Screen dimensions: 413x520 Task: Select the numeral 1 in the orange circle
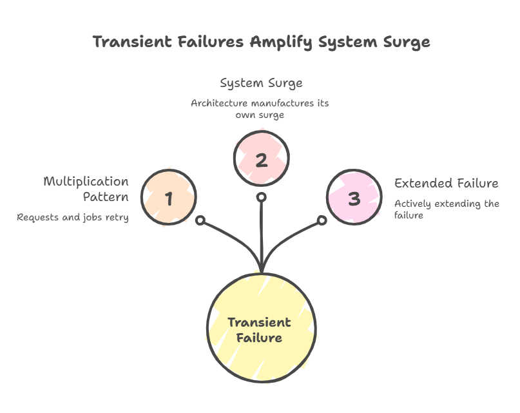click(169, 198)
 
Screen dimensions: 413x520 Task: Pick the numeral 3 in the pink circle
click(354, 198)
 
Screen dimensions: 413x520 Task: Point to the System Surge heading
click(261, 83)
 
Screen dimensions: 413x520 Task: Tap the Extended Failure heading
click(447, 183)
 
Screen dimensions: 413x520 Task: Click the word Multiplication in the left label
click(86, 182)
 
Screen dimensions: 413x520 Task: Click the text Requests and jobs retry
click(73, 218)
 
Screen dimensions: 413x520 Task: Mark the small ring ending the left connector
click(200, 221)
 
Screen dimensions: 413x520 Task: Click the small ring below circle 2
click(261, 197)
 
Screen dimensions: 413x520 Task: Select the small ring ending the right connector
click(322, 221)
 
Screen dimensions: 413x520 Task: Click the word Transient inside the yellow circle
click(260, 322)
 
